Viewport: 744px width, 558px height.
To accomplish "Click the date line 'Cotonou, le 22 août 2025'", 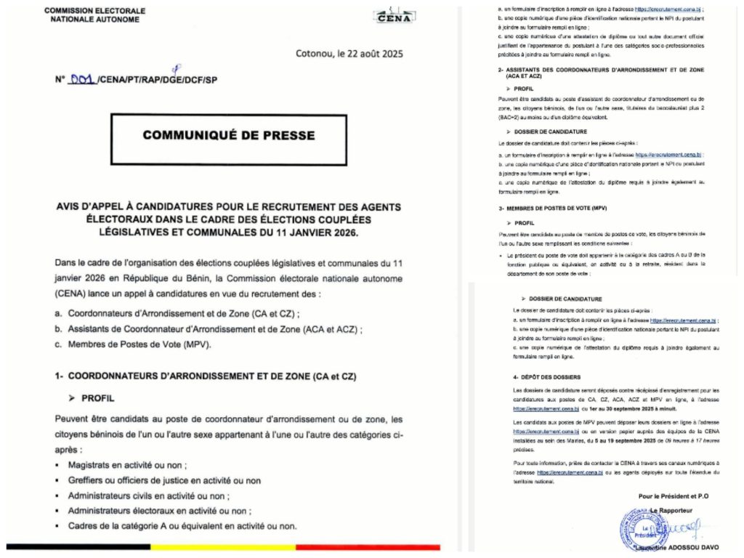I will pos(349,54).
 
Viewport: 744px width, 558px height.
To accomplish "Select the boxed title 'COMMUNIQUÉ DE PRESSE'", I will pos(228,135).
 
